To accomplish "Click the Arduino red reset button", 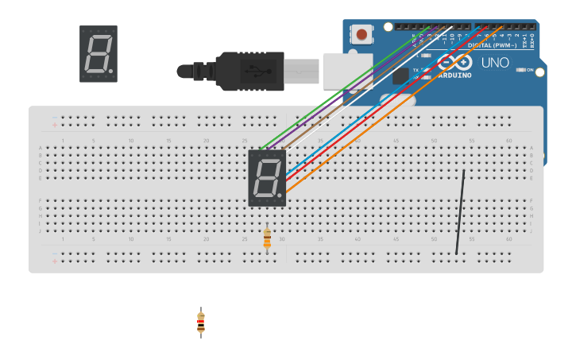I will pyautogui.click(x=362, y=35).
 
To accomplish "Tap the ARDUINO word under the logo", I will pyautogui.click(x=454, y=75).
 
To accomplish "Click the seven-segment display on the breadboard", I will pyautogui.click(x=267, y=177).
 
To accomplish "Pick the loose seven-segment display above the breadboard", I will pyautogui.click(x=99, y=54).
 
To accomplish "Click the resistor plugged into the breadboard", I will pyautogui.click(x=267, y=238).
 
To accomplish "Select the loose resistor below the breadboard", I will pyautogui.click(x=201, y=322).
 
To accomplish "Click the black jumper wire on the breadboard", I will pyautogui.click(x=460, y=211).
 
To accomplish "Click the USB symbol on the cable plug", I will pyautogui.click(x=258, y=71).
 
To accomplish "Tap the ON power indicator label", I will pyautogui.click(x=530, y=70).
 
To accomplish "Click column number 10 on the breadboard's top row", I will pyautogui.click(x=131, y=141).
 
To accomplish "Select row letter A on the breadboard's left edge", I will pyautogui.click(x=41, y=149).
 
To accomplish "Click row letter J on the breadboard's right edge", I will pyautogui.click(x=532, y=230).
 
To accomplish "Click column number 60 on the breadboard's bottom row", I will pyautogui.click(x=509, y=238).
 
